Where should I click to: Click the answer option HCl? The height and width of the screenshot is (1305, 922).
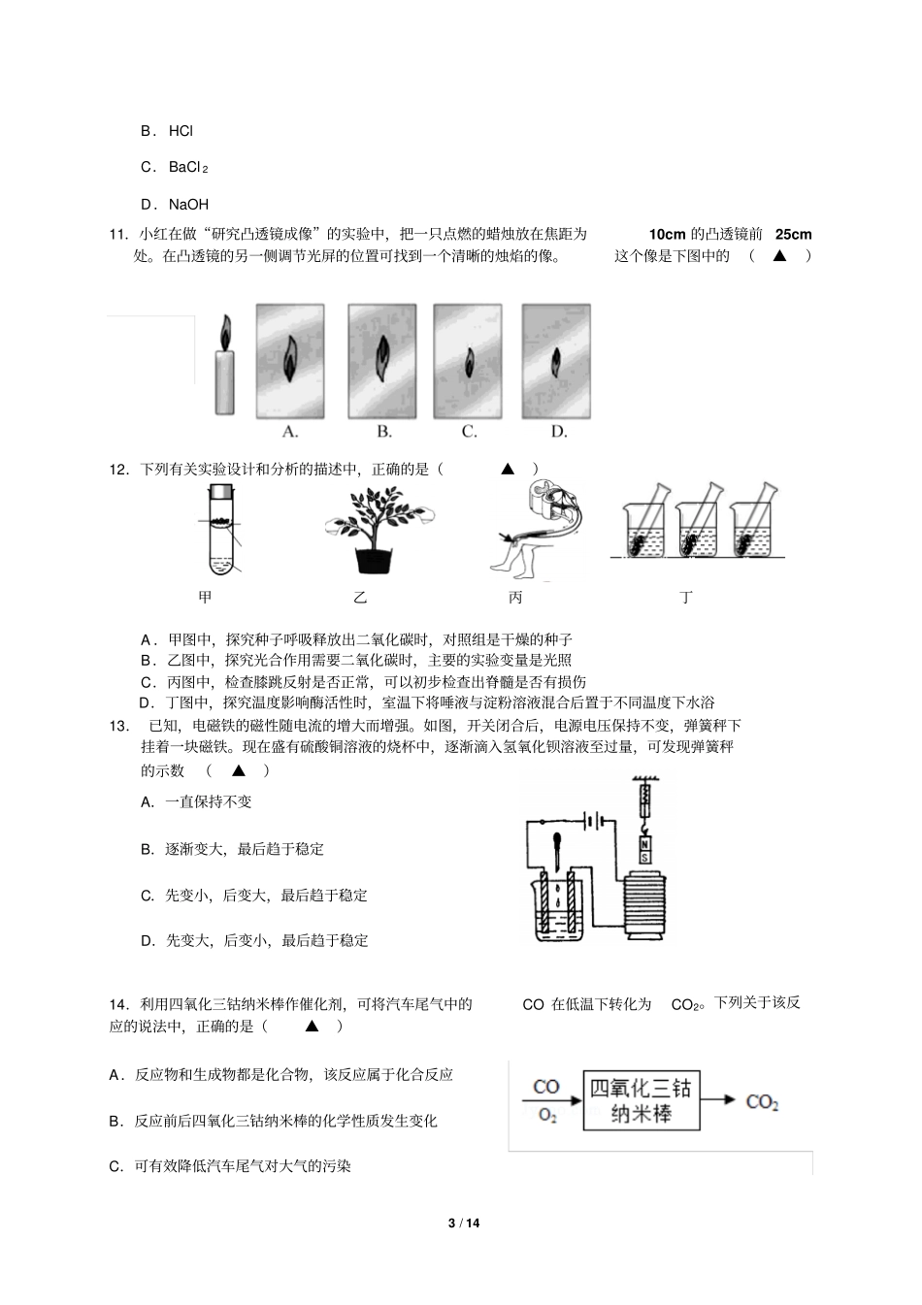pos(181,131)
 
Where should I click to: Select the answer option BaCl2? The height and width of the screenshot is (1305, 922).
pos(188,168)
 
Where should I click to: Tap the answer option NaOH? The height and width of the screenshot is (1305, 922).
pos(188,205)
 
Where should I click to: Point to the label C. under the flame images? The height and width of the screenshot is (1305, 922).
pos(469,432)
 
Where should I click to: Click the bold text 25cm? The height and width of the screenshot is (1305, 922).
pos(793,234)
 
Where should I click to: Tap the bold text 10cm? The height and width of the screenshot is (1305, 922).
pos(667,234)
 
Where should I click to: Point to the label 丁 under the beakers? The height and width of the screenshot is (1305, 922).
pos(686,598)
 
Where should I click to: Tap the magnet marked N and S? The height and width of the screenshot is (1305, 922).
pos(644,851)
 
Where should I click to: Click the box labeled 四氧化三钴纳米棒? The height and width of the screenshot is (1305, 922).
pos(642,1101)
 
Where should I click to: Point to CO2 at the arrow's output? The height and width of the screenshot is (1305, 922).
pos(762,1102)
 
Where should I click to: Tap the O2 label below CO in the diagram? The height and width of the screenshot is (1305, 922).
pos(547,1116)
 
